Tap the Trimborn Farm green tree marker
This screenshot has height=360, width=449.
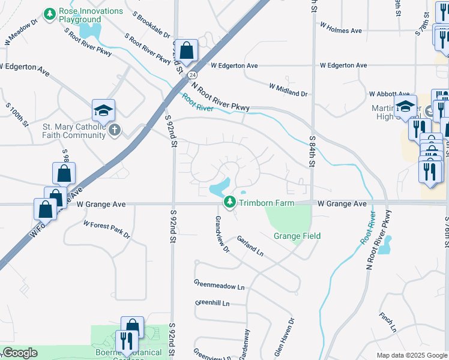click(x=229, y=203)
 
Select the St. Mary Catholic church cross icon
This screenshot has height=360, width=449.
click(x=115, y=130)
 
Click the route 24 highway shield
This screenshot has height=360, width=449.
click(x=191, y=75)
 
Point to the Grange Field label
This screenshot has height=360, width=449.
click(x=297, y=236)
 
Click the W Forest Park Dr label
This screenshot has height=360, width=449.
click(x=106, y=229)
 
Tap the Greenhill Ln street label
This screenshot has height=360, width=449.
click(x=212, y=304)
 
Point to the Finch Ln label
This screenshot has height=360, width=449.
click(x=387, y=322)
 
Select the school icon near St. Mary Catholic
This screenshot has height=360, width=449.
click(x=103, y=110)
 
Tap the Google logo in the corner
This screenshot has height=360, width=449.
click(x=20, y=353)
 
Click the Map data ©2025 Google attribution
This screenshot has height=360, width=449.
click(x=411, y=355)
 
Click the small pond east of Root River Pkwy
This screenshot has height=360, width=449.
click(x=385, y=244)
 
